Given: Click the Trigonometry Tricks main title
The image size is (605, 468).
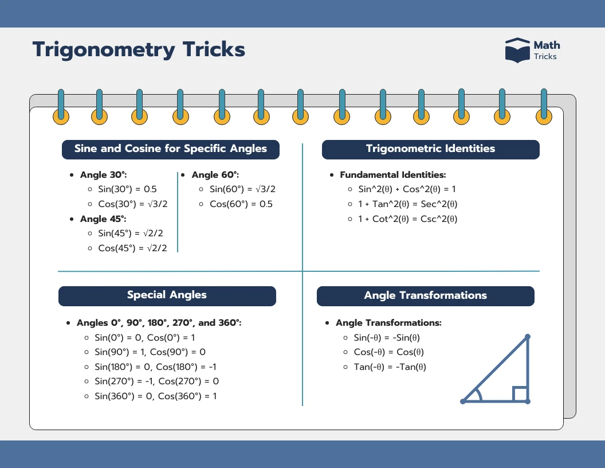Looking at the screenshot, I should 139,50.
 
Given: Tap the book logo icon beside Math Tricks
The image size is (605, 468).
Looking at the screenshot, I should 517,50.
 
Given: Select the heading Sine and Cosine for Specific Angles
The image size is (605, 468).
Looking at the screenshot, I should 171,149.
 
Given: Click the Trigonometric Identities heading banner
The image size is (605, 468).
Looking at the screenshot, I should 430,149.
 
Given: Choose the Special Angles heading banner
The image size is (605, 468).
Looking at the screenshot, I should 167,296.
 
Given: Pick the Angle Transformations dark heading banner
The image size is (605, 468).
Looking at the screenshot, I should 425,296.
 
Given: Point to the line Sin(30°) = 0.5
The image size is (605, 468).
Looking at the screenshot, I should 127,189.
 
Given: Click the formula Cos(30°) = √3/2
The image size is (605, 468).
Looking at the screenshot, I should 132,204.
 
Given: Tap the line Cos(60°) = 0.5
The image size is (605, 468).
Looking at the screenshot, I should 241,204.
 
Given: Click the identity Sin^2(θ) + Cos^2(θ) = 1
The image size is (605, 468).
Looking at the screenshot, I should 407,189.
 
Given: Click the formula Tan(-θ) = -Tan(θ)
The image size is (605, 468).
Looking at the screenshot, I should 390,367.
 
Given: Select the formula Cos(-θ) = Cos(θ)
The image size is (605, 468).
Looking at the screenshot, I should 389,352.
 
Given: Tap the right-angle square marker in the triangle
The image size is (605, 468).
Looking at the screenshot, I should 520,394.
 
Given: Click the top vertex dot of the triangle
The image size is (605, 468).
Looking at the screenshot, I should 528,337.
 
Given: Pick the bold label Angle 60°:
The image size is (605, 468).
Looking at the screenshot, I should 215,175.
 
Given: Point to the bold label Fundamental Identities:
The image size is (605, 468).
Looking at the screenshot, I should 392,175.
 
